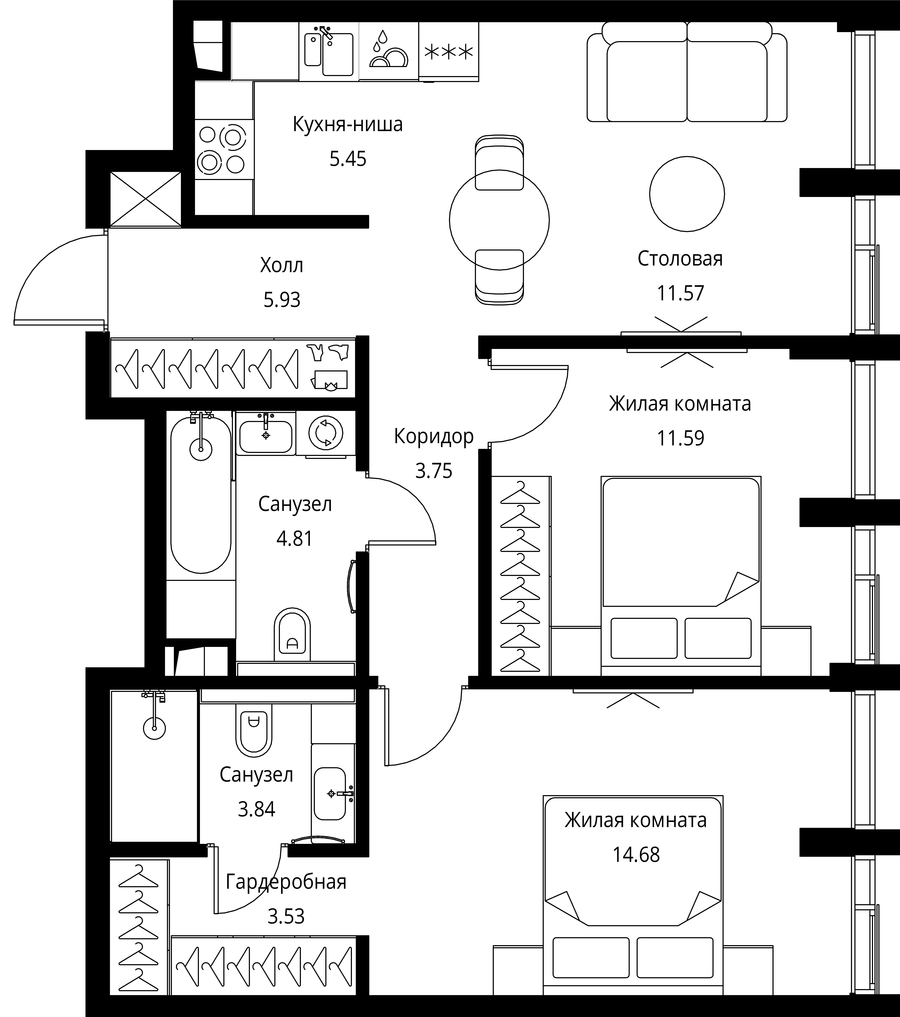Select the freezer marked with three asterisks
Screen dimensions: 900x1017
point(449,51)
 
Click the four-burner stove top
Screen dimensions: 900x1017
point(224,149)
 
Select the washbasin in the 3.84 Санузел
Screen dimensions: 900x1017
point(330,794)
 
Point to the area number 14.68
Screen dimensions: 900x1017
point(636,855)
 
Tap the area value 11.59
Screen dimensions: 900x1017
point(681,438)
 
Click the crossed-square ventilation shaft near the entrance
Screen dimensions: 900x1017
point(145,199)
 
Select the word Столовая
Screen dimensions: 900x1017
point(680,259)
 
